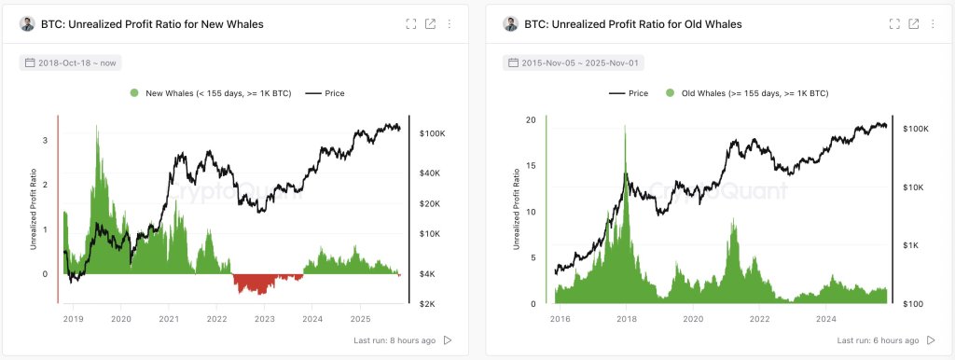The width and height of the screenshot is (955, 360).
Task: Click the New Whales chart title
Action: click(x=152, y=24)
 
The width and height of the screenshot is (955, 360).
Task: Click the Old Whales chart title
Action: click(x=633, y=24)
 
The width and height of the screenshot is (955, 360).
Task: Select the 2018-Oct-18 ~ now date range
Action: click(x=71, y=62)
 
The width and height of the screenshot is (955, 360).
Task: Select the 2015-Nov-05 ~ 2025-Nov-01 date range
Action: click(x=573, y=62)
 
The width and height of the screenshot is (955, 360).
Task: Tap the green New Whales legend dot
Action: click(x=135, y=93)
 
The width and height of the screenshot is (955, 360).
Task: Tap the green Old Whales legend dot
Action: click(x=670, y=93)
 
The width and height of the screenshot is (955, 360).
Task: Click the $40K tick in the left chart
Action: click(x=430, y=173)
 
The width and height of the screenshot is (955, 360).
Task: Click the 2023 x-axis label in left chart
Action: click(x=265, y=319)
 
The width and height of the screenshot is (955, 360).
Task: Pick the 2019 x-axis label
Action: click(x=73, y=319)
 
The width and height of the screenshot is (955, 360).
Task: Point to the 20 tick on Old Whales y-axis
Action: click(x=531, y=120)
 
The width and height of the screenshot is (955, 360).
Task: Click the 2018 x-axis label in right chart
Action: click(x=627, y=319)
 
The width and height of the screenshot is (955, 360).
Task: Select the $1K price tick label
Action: click(x=911, y=245)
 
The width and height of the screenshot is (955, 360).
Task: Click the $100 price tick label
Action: click(x=912, y=304)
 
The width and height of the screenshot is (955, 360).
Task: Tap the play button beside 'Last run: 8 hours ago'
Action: click(x=447, y=340)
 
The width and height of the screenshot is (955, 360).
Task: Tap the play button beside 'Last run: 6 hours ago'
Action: click(x=930, y=340)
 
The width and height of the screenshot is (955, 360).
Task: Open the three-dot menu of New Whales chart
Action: click(x=450, y=24)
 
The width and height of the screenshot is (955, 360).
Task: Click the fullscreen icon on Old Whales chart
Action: click(x=894, y=24)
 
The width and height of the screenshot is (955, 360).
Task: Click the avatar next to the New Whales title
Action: click(x=27, y=24)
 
